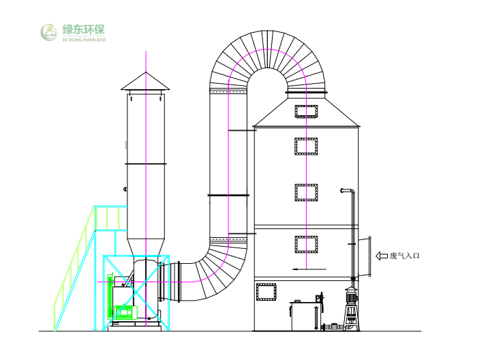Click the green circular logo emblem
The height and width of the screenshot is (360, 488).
point(49,33)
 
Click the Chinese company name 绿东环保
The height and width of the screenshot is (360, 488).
point(84,30)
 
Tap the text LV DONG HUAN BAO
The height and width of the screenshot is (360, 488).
point(84,40)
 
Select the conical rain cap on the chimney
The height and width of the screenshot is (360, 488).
point(145,81)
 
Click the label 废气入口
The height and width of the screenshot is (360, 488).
point(405,256)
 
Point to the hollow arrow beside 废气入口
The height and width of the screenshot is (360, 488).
point(382,256)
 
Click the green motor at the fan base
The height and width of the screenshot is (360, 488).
point(125,312)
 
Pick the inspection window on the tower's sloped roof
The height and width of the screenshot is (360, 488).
point(306,112)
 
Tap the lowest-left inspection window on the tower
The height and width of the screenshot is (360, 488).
point(266,292)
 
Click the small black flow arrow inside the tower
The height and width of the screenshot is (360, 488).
point(309,269)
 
